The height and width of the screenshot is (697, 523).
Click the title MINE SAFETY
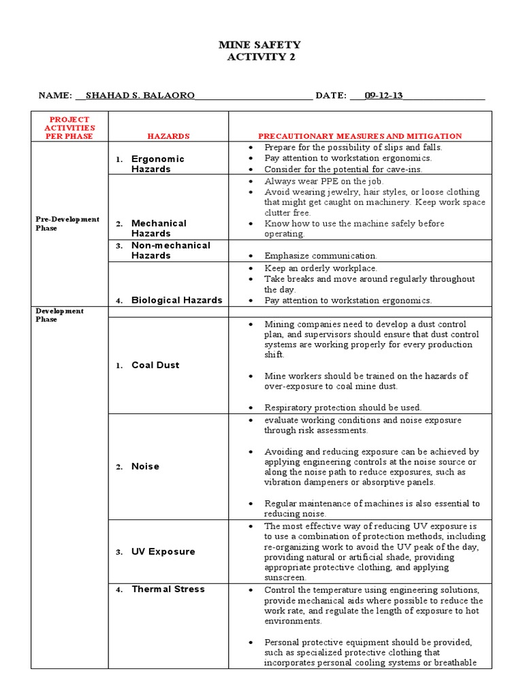click(x=259, y=45)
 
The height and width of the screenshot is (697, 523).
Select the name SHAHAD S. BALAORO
click(x=139, y=96)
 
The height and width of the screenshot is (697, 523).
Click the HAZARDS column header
click(x=168, y=136)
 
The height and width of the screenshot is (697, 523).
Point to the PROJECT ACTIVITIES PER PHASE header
click(x=69, y=128)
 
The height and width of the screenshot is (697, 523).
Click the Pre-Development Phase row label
click(x=67, y=223)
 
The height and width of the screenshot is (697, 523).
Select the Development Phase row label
click(x=60, y=315)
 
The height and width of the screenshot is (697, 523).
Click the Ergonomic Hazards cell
click(x=157, y=163)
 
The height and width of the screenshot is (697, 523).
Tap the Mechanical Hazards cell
click(x=159, y=228)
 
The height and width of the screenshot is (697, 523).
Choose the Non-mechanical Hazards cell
click(x=170, y=250)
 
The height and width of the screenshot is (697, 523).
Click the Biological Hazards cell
click(x=176, y=300)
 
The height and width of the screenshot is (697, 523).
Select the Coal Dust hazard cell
click(x=155, y=365)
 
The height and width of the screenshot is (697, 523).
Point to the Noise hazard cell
click(x=145, y=466)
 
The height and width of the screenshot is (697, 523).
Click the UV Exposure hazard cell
click(x=163, y=551)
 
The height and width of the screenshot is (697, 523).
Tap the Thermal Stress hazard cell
click(x=168, y=589)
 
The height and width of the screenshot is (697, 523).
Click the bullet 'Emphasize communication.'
click(x=320, y=256)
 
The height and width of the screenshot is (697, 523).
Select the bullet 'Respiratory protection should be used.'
click(x=343, y=408)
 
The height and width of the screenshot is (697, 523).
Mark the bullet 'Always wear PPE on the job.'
click(x=324, y=182)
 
